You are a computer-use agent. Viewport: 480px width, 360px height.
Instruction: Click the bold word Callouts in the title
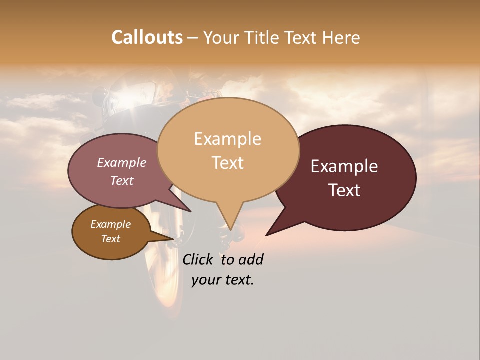[147, 37]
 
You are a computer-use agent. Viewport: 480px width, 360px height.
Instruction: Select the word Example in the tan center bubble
[227, 139]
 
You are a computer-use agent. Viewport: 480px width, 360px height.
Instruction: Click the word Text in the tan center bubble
[227, 163]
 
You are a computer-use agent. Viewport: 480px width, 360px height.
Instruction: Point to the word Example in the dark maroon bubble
[344, 166]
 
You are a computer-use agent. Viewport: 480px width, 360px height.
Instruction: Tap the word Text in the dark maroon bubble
[344, 190]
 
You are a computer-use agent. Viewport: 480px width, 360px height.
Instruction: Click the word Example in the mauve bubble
[121, 162]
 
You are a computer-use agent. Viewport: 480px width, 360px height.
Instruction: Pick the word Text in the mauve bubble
[121, 180]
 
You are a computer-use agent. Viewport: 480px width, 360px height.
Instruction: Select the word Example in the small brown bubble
[110, 224]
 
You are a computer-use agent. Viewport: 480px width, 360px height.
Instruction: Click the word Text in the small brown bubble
[110, 239]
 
